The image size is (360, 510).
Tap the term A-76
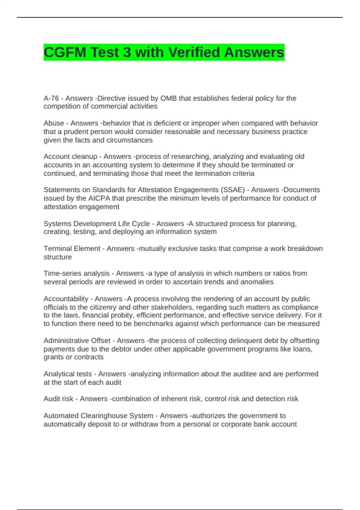click(x=51, y=98)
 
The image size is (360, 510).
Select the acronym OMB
click(x=168, y=98)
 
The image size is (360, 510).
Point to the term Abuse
click(x=54, y=123)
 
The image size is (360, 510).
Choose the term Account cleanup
click(x=70, y=157)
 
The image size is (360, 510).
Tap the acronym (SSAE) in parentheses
click(x=232, y=190)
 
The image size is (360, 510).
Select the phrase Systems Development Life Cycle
click(x=96, y=224)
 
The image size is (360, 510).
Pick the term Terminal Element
click(x=72, y=249)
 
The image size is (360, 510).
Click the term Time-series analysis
click(x=76, y=274)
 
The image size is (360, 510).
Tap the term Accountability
click(x=66, y=299)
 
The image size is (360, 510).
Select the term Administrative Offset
click(x=77, y=341)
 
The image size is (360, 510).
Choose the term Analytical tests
click(x=67, y=374)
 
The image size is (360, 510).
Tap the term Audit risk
click(x=58, y=399)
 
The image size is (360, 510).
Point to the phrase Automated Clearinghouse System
click(x=98, y=416)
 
